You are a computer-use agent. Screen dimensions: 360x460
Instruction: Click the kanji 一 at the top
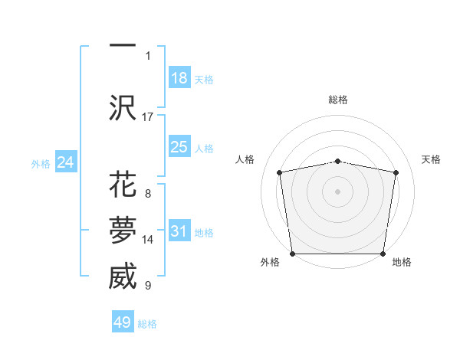123,46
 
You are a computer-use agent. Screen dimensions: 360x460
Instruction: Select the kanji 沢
123,107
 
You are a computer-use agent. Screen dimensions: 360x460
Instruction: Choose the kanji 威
123,277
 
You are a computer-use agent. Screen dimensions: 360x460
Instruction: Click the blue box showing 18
179,78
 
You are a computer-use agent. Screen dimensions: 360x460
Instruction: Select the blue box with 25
179,147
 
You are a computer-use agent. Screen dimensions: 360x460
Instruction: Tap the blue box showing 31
179,231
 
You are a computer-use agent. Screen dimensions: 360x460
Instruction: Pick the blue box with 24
66,162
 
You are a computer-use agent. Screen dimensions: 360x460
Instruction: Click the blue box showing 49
123,322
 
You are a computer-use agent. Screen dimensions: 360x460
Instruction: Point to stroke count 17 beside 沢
148,116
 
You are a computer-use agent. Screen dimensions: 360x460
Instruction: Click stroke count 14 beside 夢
148,239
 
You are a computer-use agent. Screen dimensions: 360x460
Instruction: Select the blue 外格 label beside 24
41,163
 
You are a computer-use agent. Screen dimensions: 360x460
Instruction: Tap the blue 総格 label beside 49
147,324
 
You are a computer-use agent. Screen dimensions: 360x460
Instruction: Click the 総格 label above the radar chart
338,100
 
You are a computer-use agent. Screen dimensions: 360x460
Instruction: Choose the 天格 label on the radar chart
432,159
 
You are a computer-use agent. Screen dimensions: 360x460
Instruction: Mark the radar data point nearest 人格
280,172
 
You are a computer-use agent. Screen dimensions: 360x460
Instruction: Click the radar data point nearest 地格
383,254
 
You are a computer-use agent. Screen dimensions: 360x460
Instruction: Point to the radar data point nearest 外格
292,254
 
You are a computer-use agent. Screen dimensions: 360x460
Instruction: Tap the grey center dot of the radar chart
338,191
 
